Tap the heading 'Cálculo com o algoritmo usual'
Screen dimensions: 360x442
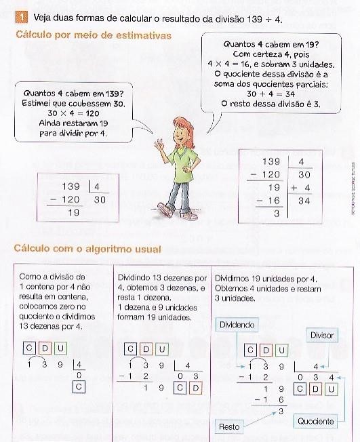click(x=83, y=249)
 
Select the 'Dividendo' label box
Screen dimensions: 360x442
click(x=237, y=325)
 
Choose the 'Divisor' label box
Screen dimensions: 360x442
click(x=321, y=335)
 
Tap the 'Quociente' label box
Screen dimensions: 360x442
click(x=316, y=421)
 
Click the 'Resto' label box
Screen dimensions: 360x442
click(x=229, y=426)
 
